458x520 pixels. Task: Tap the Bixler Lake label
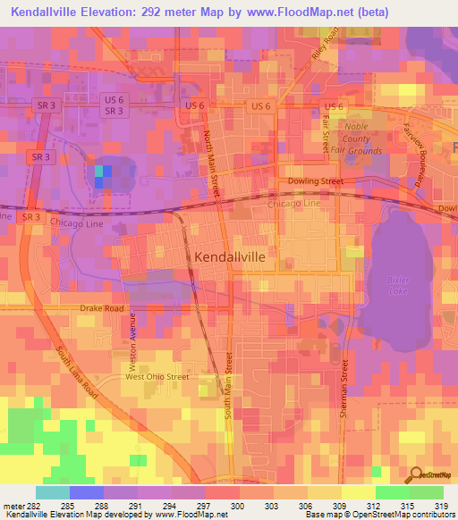pyautogui.click(x=397, y=285)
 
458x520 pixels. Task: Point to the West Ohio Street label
pyautogui.click(x=157, y=377)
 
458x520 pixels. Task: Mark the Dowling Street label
pyautogui.click(x=316, y=181)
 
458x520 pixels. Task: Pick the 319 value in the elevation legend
pyautogui.click(x=441, y=507)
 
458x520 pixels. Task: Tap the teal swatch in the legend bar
pyautogui.click(x=52, y=492)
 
